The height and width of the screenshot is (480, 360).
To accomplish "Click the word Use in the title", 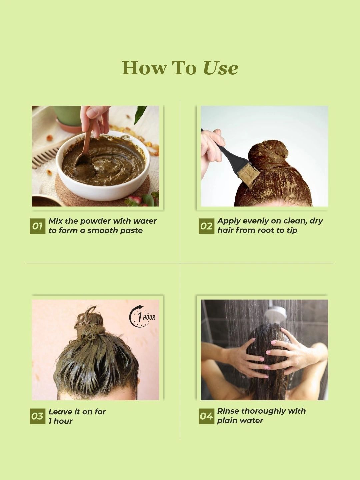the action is click(x=221, y=68).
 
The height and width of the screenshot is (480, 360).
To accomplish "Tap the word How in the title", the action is click(x=144, y=68).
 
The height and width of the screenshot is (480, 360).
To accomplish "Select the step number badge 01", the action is click(x=38, y=226).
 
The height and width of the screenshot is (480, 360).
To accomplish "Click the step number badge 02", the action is click(x=207, y=226).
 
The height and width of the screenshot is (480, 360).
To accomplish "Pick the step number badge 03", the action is click(x=38, y=416).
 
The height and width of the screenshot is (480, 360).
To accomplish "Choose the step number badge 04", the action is click(x=207, y=416).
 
